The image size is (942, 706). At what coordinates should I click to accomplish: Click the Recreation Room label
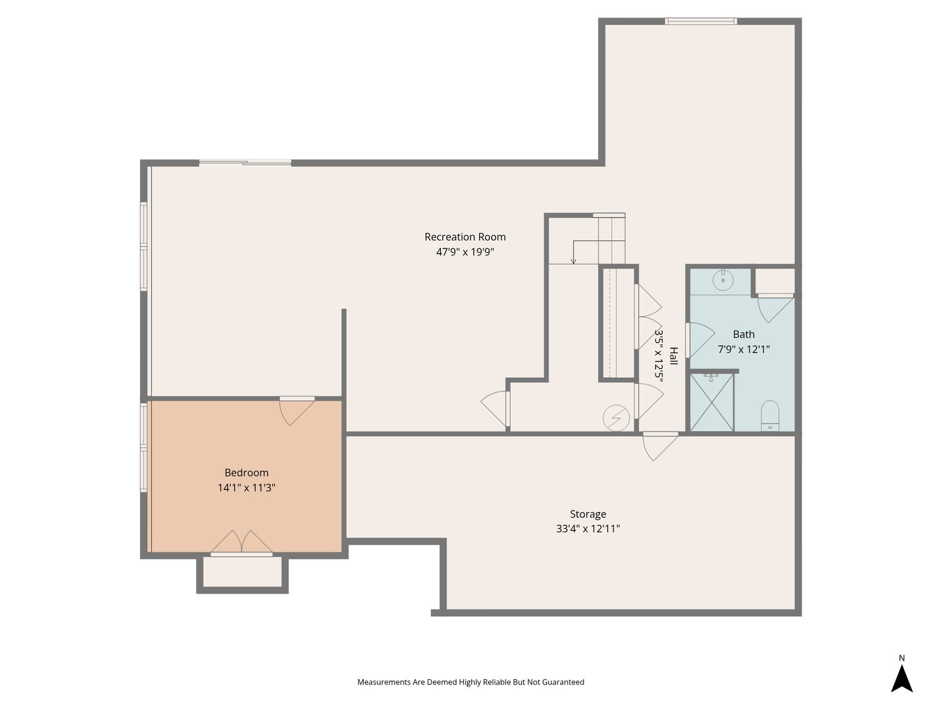(x=464, y=237)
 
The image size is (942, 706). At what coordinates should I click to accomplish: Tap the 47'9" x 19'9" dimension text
(x=464, y=252)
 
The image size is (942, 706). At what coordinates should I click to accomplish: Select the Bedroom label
(x=247, y=473)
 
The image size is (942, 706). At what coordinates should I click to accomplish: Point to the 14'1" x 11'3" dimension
(x=247, y=488)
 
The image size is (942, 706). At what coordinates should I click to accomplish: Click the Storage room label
(x=588, y=514)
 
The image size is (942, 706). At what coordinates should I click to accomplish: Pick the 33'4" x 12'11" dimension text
(x=588, y=529)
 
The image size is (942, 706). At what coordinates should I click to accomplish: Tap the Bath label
(x=743, y=334)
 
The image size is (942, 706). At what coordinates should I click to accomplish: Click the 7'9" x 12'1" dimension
(x=743, y=349)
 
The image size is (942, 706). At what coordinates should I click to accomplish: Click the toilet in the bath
(x=770, y=415)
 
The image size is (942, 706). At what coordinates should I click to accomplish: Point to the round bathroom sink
(x=723, y=280)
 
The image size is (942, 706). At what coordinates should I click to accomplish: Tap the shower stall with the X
(x=712, y=402)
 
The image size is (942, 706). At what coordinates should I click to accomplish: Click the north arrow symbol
(x=901, y=678)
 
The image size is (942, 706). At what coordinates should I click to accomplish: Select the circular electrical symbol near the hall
(x=616, y=418)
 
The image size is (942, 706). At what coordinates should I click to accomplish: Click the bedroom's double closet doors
(x=241, y=542)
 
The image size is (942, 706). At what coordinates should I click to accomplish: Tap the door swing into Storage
(x=659, y=446)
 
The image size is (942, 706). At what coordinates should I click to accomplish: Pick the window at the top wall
(x=701, y=21)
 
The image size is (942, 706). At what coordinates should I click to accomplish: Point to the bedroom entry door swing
(x=297, y=411)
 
